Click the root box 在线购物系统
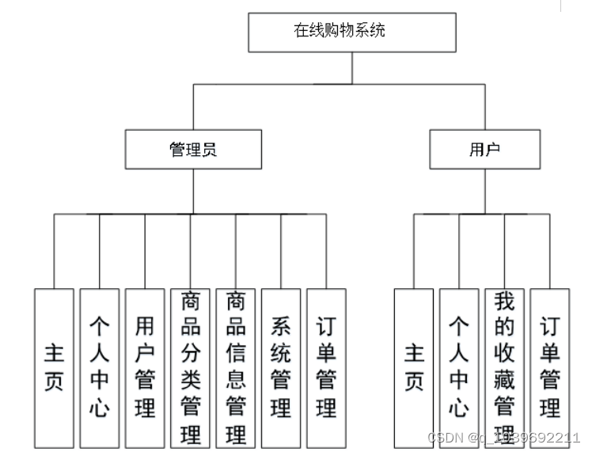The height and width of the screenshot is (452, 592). coord(351,32)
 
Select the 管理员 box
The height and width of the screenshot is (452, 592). coord(192,150)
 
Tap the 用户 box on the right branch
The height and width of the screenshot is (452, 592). coord(484,150)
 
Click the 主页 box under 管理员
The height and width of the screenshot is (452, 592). coord(54,367)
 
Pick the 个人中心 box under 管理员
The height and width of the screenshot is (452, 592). coord(99,367)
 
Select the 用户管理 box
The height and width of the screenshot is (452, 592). coord(145,367)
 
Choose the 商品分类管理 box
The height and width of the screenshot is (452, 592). coord(190,367)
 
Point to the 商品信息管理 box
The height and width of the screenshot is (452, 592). coord(236,367)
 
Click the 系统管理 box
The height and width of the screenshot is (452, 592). coord(281,367)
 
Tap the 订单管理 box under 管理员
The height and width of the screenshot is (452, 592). coord(326,367)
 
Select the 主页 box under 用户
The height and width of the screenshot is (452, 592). coord(414,367)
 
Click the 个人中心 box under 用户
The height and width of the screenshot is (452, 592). coord(459,367)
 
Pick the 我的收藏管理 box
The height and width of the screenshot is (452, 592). coord(504,367)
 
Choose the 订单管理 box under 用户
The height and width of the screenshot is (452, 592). coord(549,367)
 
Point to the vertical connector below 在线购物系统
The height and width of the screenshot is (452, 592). coord(351,66)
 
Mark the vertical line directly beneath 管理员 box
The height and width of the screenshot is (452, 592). coord(192,190)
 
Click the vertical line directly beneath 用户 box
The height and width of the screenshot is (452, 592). coord(484,190)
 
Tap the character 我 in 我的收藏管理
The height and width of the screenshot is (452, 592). coord(504,302)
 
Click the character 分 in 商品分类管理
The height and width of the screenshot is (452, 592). coord(190,355)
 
